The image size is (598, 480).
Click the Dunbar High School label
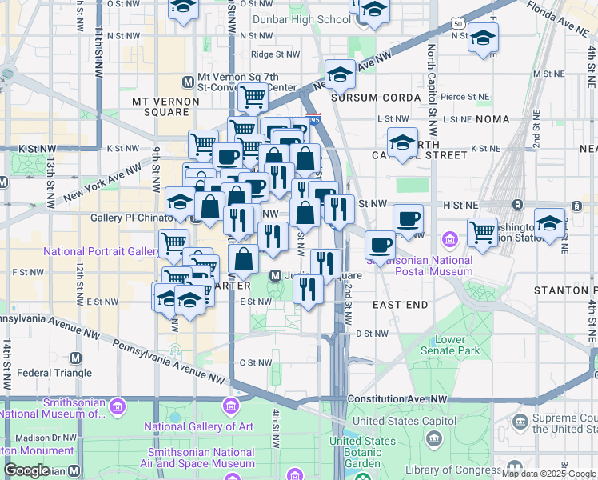tap(301, 19)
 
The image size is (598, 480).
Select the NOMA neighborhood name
tap(492, 118)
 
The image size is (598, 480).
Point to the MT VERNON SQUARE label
tap(161, 106)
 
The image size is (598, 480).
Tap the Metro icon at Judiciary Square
tap(275, 275)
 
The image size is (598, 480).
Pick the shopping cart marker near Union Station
tap(482, 232)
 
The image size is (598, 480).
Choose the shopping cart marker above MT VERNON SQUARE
tap(253, 97)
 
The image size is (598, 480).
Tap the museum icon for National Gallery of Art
tap(232, 407)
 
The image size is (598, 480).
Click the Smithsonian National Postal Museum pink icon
tap(450, 239)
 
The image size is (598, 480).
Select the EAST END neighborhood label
tap(401, 305)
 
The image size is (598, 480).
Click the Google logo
tap(26, 470)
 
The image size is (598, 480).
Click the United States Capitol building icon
tap(434, 438)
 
